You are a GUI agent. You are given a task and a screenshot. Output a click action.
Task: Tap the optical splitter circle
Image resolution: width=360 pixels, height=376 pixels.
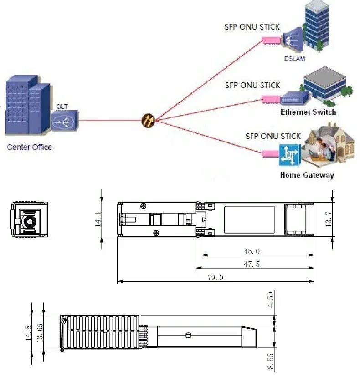click(149, 120)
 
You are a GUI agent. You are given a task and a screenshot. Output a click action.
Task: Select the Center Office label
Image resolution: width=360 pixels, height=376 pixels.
click(29, 147)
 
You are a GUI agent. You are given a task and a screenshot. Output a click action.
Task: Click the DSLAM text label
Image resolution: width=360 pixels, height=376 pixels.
click(294, 59)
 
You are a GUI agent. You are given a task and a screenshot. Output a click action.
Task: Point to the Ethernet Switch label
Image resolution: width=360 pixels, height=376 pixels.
click(308, 112)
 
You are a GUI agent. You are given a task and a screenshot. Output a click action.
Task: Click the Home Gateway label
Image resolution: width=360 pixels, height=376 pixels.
click(307, 175)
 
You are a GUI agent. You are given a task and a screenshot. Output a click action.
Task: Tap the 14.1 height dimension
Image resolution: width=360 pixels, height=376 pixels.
click(98, 219)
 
